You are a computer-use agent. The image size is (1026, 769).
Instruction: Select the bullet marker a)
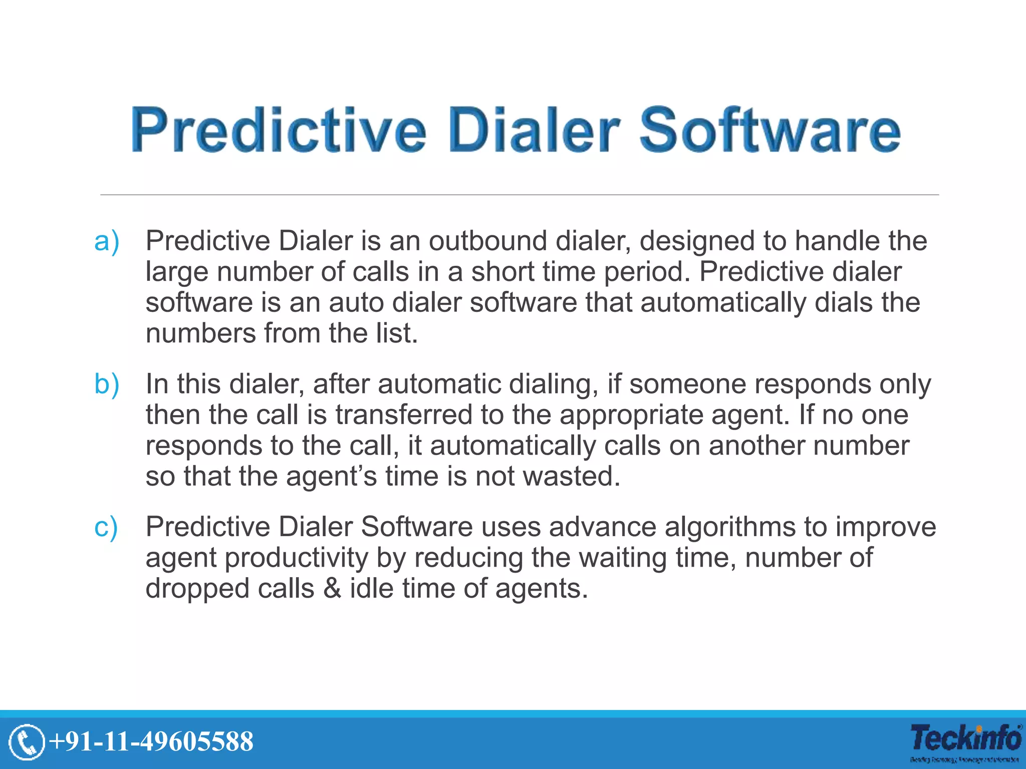107,241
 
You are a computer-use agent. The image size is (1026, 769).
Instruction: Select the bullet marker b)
107,384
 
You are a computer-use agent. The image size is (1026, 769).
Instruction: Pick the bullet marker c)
106,527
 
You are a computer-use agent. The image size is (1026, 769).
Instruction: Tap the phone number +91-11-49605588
151,741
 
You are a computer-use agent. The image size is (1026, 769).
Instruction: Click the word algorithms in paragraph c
730,527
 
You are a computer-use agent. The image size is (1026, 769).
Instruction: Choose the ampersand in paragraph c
332,588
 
